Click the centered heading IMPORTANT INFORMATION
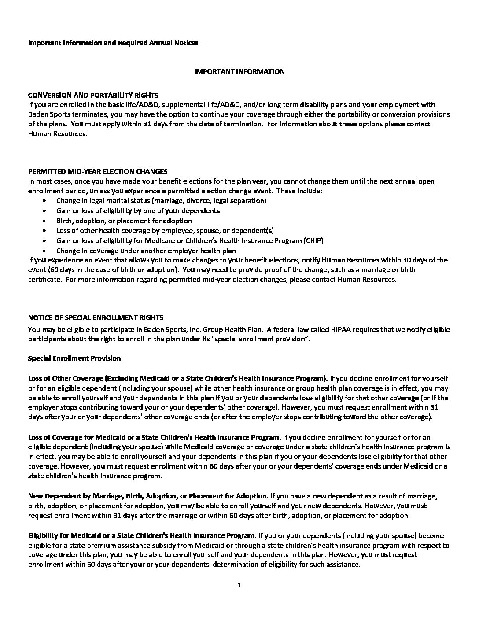point(239,71)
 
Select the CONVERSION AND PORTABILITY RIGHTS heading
point(93,95)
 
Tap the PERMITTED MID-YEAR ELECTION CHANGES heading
point(97,171)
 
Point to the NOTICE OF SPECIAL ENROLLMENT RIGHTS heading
point(96,317)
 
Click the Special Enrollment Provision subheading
point(74,358)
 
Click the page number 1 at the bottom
point(239,585)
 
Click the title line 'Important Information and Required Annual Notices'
point(113,43)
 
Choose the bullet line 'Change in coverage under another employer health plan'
point(146,251)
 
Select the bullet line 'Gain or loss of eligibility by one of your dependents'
point(138,210)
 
